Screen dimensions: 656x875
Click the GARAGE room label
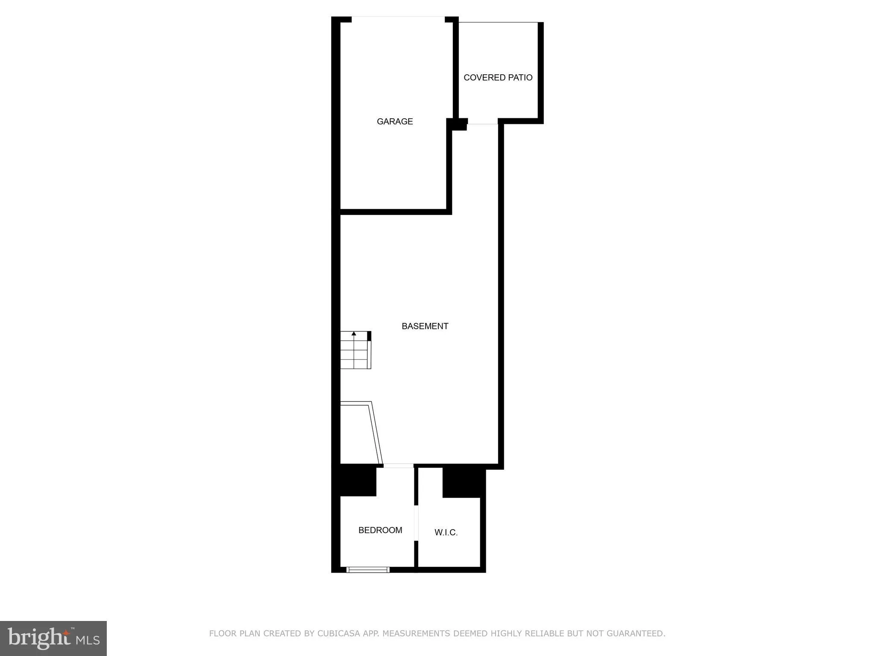(394, 122)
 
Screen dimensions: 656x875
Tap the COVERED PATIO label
(498, 78)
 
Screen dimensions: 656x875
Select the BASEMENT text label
(425, 326)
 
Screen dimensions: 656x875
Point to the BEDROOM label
(380, 530)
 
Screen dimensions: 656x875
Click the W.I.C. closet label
(446, 533)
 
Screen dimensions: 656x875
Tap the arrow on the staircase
(354, 334)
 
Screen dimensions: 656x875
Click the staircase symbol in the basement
(355, 350)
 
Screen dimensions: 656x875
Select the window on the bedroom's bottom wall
(368, 569)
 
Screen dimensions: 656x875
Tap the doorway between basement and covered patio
(483, 123)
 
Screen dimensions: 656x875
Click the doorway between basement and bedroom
(398, 466)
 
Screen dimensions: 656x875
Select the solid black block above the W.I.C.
(463, 483)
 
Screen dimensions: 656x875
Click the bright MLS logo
(53, 638)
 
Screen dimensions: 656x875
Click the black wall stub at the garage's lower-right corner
(457, 124)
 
